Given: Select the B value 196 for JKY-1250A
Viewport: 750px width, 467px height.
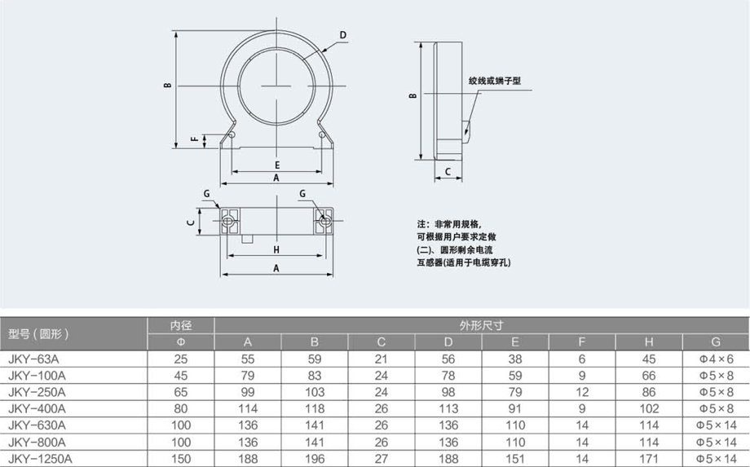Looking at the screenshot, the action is [x=314, y=459].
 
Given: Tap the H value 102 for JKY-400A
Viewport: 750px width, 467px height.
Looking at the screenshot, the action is [x=649, y=408].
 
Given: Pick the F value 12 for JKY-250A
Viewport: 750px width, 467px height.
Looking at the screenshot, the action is [x=581, y=392].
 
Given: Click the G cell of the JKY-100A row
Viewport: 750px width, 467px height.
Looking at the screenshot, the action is [x=716, y=376].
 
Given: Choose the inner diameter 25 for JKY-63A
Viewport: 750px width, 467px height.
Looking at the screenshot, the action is [x=181, y=359].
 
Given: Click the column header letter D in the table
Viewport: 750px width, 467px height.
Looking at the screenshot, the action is [x=448, y=341].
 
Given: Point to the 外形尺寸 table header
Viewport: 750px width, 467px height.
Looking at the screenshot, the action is [x=481, y=325].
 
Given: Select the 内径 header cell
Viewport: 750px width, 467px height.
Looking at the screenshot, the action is [x=181, y=325].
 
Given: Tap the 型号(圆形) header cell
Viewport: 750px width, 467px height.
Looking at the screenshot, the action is [x=39, y=333].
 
